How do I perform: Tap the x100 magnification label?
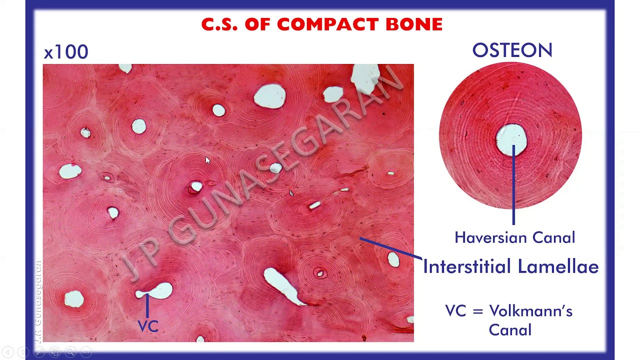coord(65,52)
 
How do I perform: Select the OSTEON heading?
coord(512,50)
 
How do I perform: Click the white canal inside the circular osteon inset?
coord(511,138)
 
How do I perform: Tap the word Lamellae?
coord(558,266)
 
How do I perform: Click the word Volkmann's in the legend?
coord(530,311)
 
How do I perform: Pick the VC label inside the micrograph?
coord(148,326)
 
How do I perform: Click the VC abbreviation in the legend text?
coord(455,311)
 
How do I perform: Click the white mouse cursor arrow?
coord(208,160)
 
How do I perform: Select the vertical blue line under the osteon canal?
coord(513,190)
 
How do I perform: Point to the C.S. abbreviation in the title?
coord(219,24)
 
